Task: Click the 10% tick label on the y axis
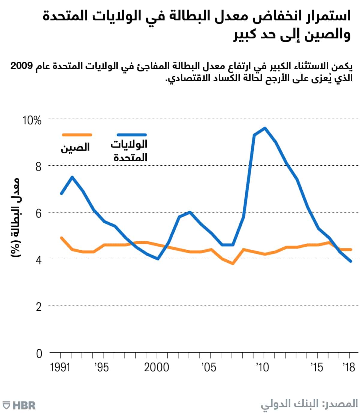32,120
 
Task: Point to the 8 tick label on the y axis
38,167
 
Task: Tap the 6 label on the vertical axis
38,213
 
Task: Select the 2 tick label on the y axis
38,307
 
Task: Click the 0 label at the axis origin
39,354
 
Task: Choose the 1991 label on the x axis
60,367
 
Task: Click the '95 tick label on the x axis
102,367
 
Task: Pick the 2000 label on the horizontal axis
156,367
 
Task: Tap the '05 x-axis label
209,367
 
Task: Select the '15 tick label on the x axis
317,367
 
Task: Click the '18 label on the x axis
349,367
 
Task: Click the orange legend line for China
76,135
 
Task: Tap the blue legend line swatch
132,135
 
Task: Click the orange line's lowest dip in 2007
232,264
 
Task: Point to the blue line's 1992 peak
72,177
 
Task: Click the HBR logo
19,405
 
